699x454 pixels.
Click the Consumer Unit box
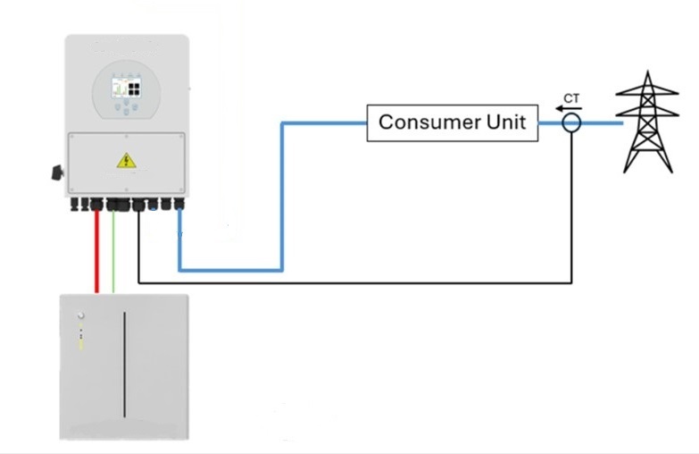click(454, 122)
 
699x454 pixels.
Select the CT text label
click(571, 97)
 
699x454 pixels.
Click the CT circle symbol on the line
click(571, 123)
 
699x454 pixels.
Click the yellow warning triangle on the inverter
click(125, 161)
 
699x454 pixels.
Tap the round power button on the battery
click(80, 315)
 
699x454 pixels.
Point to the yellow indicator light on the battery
click(80, 343)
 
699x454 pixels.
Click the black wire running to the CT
click(357, 282)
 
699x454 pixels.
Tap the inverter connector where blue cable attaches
click(179, 205)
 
